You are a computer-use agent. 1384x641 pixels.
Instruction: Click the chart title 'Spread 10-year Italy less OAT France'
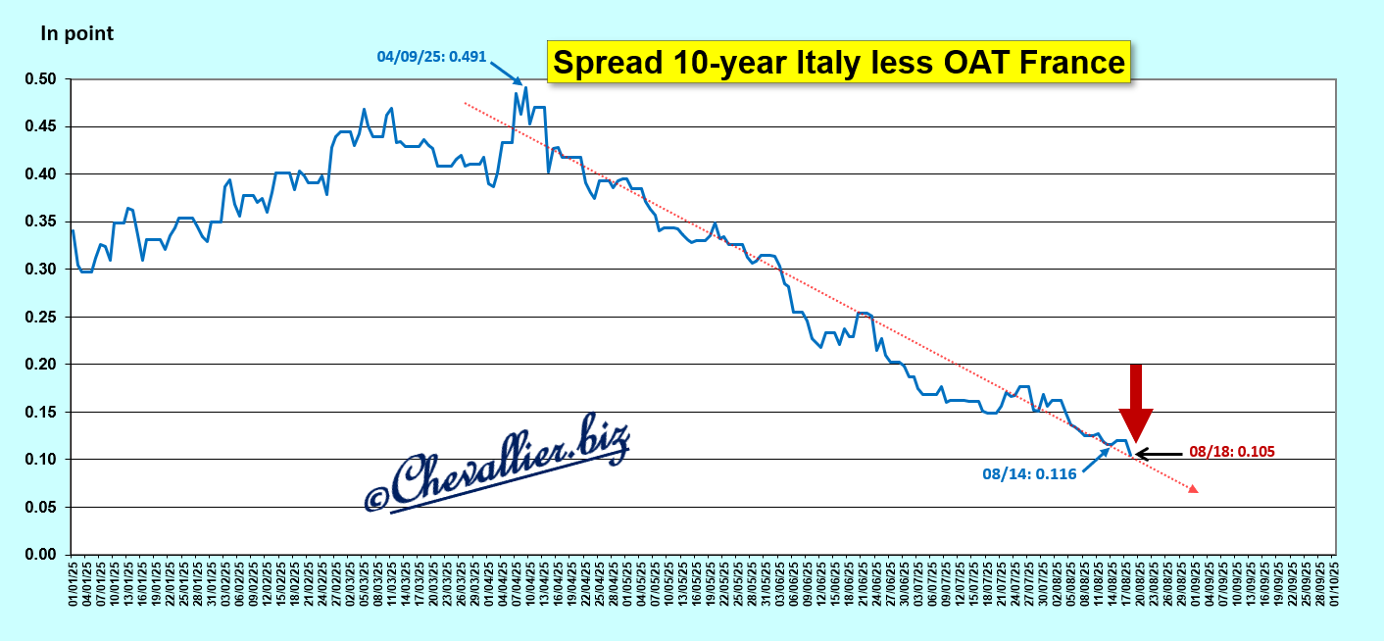[838, 62]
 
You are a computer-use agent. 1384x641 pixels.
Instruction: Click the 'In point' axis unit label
[76, 33]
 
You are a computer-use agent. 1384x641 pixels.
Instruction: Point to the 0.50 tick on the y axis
[43, 79]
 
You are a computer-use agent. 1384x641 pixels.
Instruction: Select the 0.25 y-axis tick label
[43, 317]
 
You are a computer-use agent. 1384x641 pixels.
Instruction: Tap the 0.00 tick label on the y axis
[43, 555]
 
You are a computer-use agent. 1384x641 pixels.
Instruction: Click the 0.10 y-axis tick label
[43, 460]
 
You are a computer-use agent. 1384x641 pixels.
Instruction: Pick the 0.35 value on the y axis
[43, 222]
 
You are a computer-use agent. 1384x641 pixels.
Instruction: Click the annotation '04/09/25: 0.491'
[430, 56]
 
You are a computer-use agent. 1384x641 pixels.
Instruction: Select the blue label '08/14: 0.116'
[1029, 474]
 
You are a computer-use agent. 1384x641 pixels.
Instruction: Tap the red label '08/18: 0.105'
[1231, 452]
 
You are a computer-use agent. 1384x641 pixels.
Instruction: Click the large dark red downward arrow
[1136, 401]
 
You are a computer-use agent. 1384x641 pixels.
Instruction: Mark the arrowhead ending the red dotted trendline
[1193, 487]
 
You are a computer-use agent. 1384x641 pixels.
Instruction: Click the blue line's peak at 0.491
[525, 88]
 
